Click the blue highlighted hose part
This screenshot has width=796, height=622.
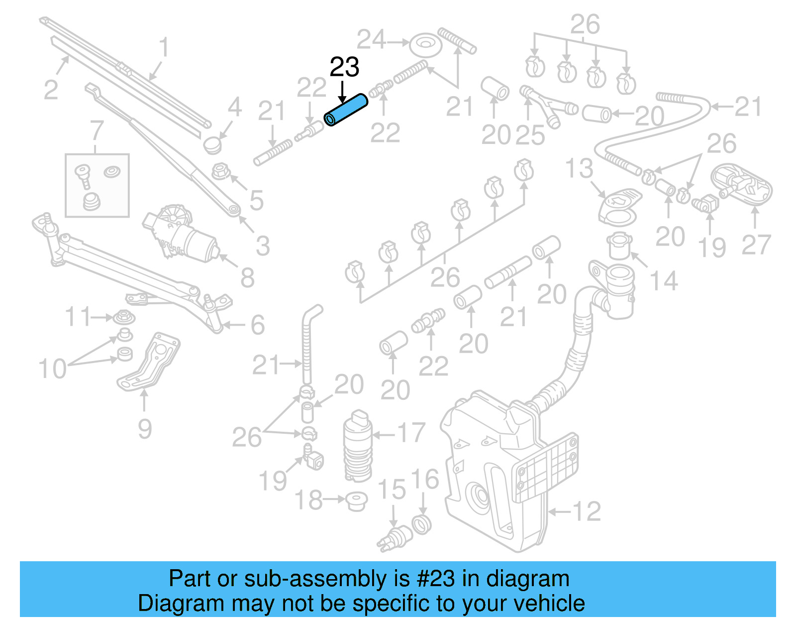tap(346, 111)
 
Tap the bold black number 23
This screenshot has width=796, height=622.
tap(344, 67)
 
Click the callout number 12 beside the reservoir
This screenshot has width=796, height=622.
tap(587, 511)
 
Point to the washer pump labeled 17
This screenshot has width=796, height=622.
tap(357, 446)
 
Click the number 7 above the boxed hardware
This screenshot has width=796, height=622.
tap(97, 131)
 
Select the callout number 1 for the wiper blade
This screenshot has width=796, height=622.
tap(164, 48)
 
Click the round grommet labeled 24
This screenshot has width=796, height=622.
tap(426, 45)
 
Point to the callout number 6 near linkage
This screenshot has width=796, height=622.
tap(257, 325)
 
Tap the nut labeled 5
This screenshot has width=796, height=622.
tap(220, 172)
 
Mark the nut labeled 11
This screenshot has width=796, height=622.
tap(123, 317)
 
